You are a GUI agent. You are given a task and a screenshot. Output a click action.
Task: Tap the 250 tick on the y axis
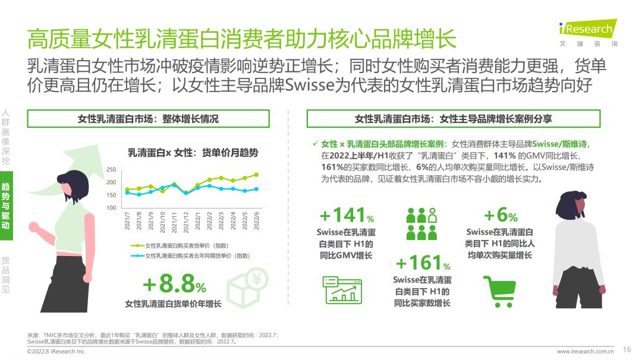pos(111,170)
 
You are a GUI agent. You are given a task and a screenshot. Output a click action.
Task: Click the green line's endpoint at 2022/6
pos(256,175)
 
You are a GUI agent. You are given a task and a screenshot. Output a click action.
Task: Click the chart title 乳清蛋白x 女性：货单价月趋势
pos(193,153)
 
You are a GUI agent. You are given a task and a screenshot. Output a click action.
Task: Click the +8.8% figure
pos(174,286)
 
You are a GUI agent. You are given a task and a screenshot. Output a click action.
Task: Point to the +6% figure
pos(500,215)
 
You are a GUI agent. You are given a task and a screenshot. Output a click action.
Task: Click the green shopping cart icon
pos(499,291)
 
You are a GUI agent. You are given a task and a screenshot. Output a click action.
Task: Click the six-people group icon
pos(421,223)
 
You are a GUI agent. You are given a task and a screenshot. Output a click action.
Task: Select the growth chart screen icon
pos(342,290)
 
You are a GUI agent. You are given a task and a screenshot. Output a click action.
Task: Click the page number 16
pos(627,349)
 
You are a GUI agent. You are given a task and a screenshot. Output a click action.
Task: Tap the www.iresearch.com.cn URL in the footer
pos(586,351)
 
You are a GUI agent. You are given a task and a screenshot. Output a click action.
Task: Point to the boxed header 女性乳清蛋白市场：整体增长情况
pos(148,119)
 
